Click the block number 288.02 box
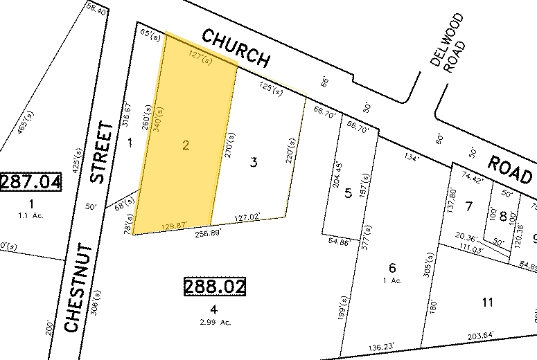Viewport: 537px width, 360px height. point(215,285)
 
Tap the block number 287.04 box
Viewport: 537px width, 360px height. point(30,182)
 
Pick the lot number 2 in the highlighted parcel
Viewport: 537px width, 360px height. point(185,145)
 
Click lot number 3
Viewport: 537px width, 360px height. point(254,163)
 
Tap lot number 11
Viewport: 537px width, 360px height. point(488,302)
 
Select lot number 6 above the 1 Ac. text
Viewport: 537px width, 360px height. point(392,268)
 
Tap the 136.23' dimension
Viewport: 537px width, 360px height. point(381,347)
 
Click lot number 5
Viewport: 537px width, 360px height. point(349,193)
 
